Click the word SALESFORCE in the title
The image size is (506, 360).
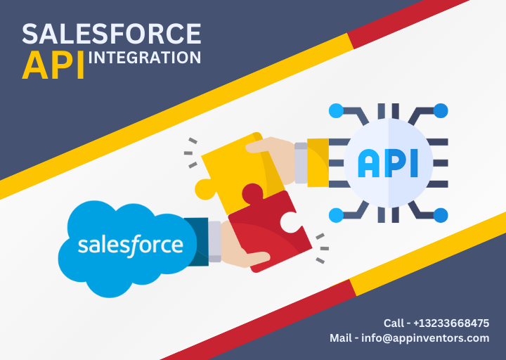(x=112, y=34)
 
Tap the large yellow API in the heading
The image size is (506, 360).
(x=53, y=65)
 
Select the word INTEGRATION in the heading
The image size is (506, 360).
(x=145, y=58)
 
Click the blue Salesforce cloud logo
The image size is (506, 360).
(x=127, y=249)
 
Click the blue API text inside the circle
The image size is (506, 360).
(x=388, y=163)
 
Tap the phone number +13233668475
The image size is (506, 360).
(x=451, y=323)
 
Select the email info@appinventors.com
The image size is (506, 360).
(x=425, y=338)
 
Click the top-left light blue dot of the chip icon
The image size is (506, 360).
(x=336, y=111)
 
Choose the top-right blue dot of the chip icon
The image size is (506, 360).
(x=441, y=111)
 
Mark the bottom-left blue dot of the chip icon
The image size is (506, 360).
(x=336, y=215)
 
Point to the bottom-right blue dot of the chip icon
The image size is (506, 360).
(x=441, y=215)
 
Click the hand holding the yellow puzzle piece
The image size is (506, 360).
(x=274, y=158)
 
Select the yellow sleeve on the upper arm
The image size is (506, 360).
(x=318, y=162)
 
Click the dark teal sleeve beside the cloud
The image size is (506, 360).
(x=197, y=241)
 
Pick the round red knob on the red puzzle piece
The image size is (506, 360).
(x=252, y=193)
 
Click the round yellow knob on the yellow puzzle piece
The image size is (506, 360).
(x=205, y=189)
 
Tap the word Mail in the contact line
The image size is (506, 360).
(x=340, y=338)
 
